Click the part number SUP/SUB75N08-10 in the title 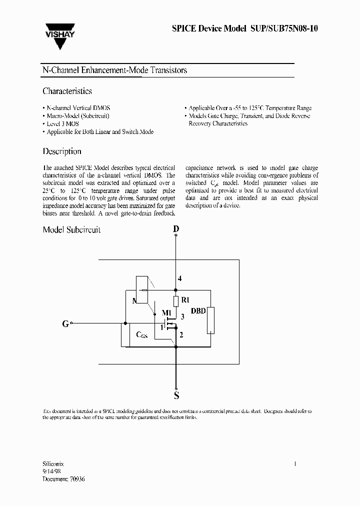(x=283, y=28)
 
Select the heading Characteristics (x=67, y=91)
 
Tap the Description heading (x=62, y=151)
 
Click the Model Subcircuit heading (x=71, y=229)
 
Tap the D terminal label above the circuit (x=175, y=229)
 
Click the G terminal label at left (x=65, y=323)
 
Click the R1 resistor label (x=185, y=300)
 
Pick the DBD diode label (x=198, y=310)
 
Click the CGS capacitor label (x=142, y=334)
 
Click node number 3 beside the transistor (x=182, y=316)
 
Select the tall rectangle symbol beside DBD (x=210, y=320)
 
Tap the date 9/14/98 (x=51, y=471)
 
